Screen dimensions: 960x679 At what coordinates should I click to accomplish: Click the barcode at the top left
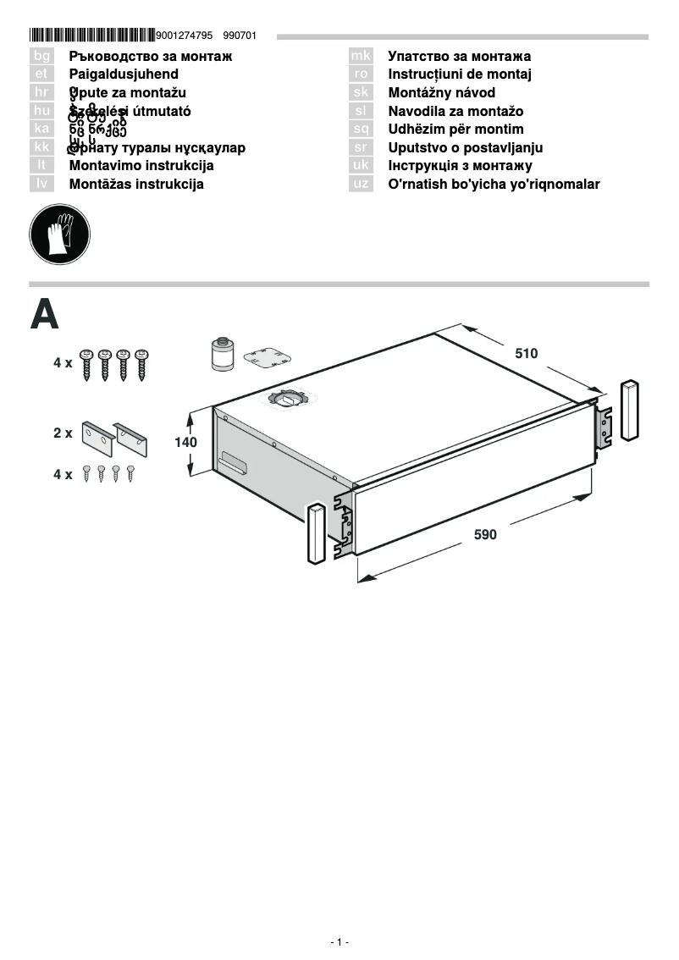coord(91,36)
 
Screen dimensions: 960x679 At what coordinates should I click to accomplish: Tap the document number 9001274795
coord(185,36)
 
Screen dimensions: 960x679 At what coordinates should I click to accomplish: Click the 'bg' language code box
coord(41,57)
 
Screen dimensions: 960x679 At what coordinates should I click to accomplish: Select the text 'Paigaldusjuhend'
coord(124,74)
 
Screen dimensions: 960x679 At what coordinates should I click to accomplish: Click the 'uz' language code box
coord(361,184)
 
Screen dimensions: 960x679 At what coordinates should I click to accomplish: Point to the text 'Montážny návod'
coord(441,93)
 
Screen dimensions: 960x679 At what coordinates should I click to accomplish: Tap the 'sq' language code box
coord(361,130)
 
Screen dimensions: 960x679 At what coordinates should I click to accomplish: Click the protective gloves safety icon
coord(59,233)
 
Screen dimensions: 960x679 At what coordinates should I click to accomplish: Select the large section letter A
coord(44,314)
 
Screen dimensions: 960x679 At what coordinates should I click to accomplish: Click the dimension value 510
coord(526,354)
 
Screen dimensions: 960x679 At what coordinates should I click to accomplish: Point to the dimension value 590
coord(485,535)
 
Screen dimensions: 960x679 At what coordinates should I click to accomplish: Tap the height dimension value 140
coord(185,442)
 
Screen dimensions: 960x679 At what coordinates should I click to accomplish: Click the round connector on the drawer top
coord(290,398)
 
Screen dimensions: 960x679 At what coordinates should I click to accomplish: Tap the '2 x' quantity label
coord(63,433)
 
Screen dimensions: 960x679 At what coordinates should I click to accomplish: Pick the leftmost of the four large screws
coord(86,364)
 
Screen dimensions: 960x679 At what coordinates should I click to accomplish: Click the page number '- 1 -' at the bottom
coord(339,942)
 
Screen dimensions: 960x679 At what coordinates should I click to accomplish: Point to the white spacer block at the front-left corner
coord(314,533)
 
